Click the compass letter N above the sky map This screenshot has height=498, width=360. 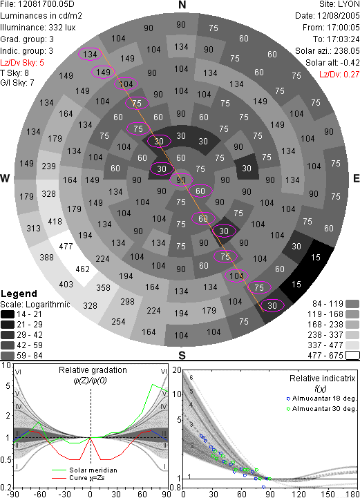pos(182,5)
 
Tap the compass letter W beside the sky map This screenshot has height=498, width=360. pos(5,178)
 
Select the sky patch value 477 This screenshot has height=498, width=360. pos(66,246)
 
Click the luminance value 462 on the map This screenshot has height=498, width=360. pos(83,269)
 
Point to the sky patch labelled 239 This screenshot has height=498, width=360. pos(48,166)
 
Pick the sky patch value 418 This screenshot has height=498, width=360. pos(55,221)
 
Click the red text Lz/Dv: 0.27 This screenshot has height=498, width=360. pos(339,75)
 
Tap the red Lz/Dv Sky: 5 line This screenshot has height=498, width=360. pos(22,63)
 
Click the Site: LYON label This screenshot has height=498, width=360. pos(339,4)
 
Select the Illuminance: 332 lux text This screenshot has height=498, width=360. pos(38,28)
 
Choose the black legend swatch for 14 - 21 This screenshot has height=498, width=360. pos(8,314)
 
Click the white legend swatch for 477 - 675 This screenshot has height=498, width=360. pos(352,356)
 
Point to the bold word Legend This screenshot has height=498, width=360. pos(19,294)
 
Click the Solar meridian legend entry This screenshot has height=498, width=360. pos(84,470)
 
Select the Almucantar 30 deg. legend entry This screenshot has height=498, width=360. pos(321,409)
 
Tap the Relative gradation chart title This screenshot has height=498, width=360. pos(93,370)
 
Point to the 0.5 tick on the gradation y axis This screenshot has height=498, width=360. pos(6,460)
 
